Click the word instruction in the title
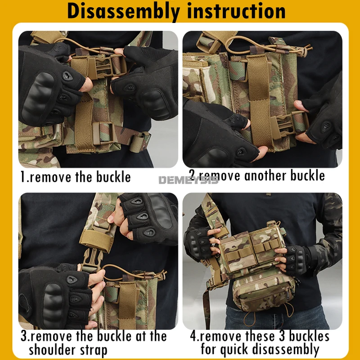pyautogui.click(x=236, y=10)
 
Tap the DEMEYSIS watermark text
pyautogui.click(x=188, y=180)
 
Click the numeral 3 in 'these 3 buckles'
pyautogui.click(x=281, y=336)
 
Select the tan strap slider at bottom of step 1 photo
pyautogui.click(x=103, y=133)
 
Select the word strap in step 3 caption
pyautogui.click(x=94, y=351)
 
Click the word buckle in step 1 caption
pyautogui.click(x=113, y=177)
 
